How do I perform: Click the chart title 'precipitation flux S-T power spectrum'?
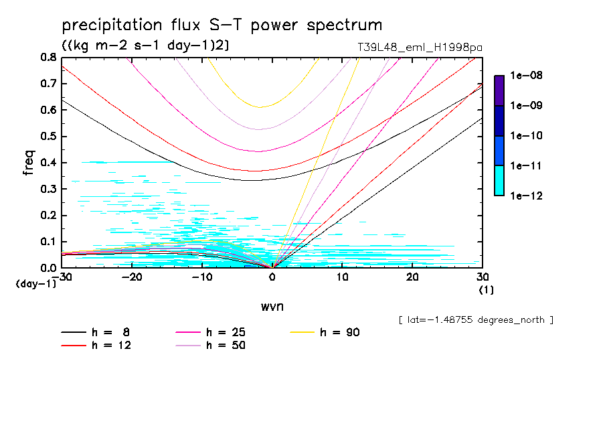click(x=222, y=25)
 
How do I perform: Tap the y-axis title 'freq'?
click(x=29, y=162)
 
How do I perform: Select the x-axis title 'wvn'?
click(x=272, y=306)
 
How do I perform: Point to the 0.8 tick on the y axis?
click(x=48, y=58)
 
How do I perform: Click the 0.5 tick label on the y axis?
click(x=48, y=137)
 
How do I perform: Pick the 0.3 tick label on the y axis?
click(x=48, y=189)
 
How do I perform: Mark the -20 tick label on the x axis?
click(x=132, y=277)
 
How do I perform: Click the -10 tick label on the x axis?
click(x=201, y=277)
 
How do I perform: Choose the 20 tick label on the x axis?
click(x=412, y=277)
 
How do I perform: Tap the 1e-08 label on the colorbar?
click(x=525, y=76)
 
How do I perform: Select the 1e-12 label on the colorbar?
click(x=525, y=196)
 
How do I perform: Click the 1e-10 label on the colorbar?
click(x=525, y=136)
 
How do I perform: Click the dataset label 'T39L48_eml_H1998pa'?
click(x=420, y=48)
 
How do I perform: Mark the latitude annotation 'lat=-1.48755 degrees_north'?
click(x=476, y=319)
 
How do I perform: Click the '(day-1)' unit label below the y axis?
click(x=35, y=284)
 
